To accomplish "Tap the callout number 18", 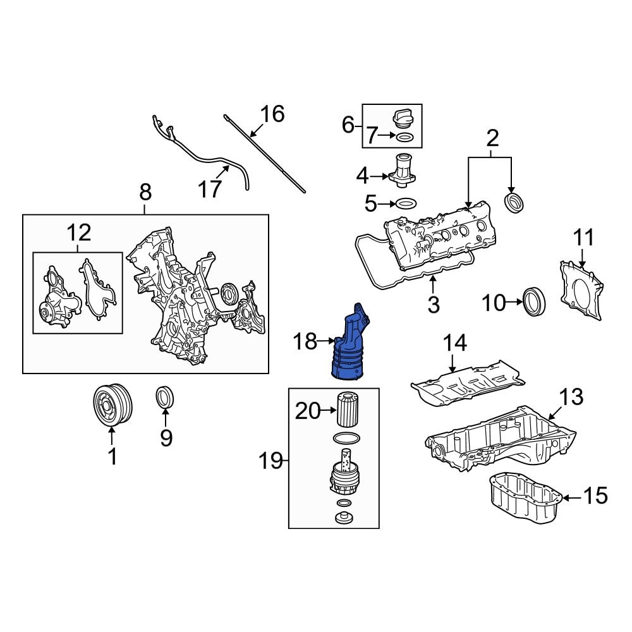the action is (x=305, y=341).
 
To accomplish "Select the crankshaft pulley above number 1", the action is (x=112, y=404).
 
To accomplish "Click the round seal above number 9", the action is (x=165, y=397).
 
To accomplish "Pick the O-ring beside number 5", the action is (x=406, y=204).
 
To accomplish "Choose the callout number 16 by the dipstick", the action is (x=272, y=114).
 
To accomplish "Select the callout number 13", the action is (x=571, y=397).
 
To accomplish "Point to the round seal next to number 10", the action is (x=535, y=301).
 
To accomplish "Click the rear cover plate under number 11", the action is (x=581, y=290).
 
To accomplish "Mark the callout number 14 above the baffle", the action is (x=454, y=343).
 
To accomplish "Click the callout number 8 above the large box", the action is (x=145, y=192).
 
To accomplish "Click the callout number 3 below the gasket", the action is (x=434, y=305).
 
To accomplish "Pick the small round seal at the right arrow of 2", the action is (x=515, y=203).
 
